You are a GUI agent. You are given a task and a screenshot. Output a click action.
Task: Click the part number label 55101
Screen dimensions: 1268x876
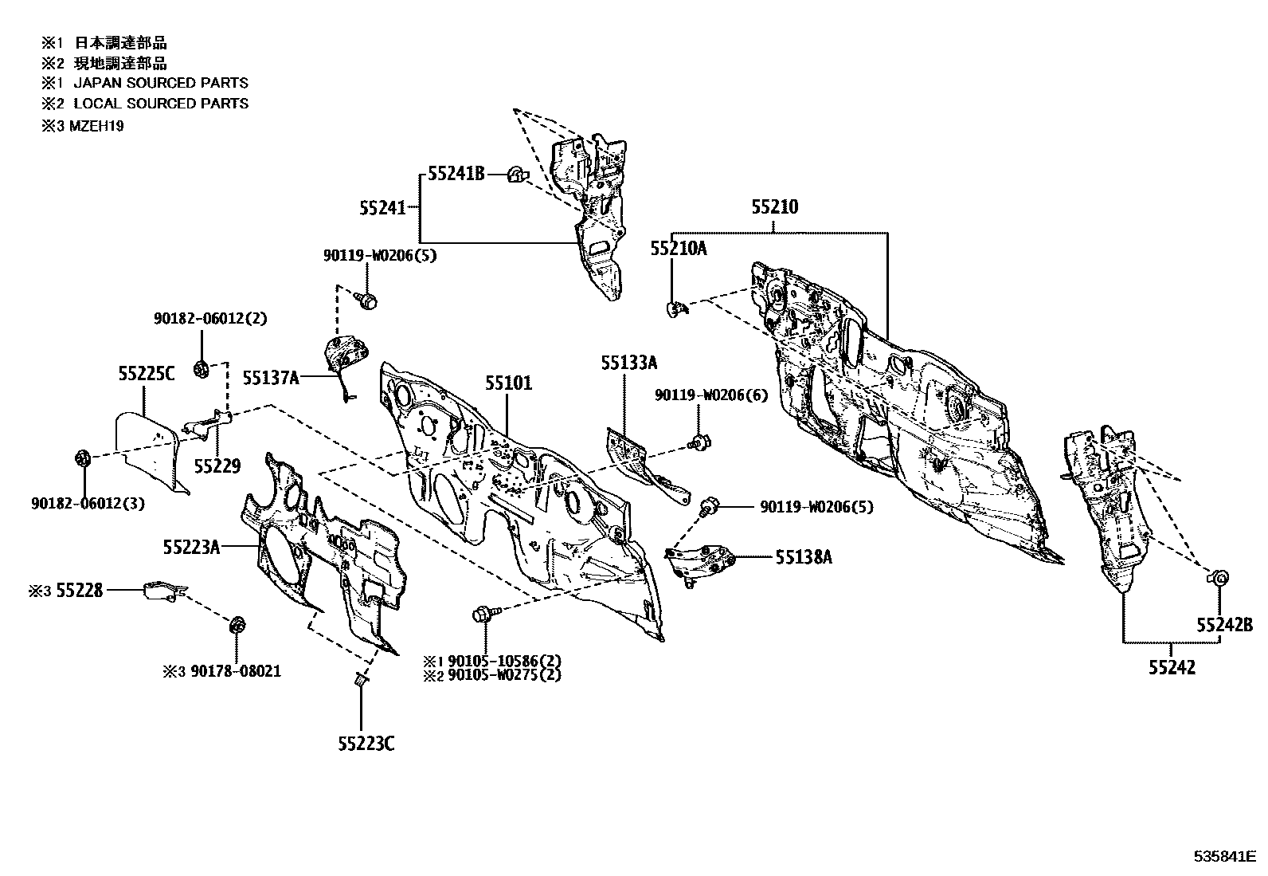(509, 383)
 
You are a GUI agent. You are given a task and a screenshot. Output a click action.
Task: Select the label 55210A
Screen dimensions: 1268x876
(678, 249)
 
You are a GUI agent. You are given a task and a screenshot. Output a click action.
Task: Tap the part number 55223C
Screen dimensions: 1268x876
(366, 744)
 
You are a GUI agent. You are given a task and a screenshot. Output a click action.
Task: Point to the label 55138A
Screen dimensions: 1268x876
(804, 557)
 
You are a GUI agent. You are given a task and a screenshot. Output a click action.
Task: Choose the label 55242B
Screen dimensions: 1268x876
(1224, 625)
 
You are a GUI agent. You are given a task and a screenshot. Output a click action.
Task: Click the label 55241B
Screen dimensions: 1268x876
(456, 174)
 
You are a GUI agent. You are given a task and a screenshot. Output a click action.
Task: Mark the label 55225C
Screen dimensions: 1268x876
(147, 374)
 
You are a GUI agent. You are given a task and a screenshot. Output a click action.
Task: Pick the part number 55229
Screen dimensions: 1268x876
(217, 466)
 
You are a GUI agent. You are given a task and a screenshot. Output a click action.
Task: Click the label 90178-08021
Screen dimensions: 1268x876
(236, 671)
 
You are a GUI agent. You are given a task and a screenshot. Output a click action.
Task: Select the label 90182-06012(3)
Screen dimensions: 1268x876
(88, 503)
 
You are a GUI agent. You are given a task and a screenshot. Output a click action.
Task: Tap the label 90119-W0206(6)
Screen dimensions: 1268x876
(711, 395)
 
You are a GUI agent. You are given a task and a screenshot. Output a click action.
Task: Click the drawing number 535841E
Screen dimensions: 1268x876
(1225, 856)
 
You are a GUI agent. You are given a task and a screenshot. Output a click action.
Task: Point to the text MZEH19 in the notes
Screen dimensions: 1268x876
(96, 126)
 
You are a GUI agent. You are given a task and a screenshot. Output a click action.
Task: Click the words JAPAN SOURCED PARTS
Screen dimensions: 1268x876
(161, 83)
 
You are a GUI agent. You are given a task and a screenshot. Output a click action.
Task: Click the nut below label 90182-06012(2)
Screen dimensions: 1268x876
(202, 370)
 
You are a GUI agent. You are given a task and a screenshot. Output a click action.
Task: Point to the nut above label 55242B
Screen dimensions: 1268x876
(1219, 578)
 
